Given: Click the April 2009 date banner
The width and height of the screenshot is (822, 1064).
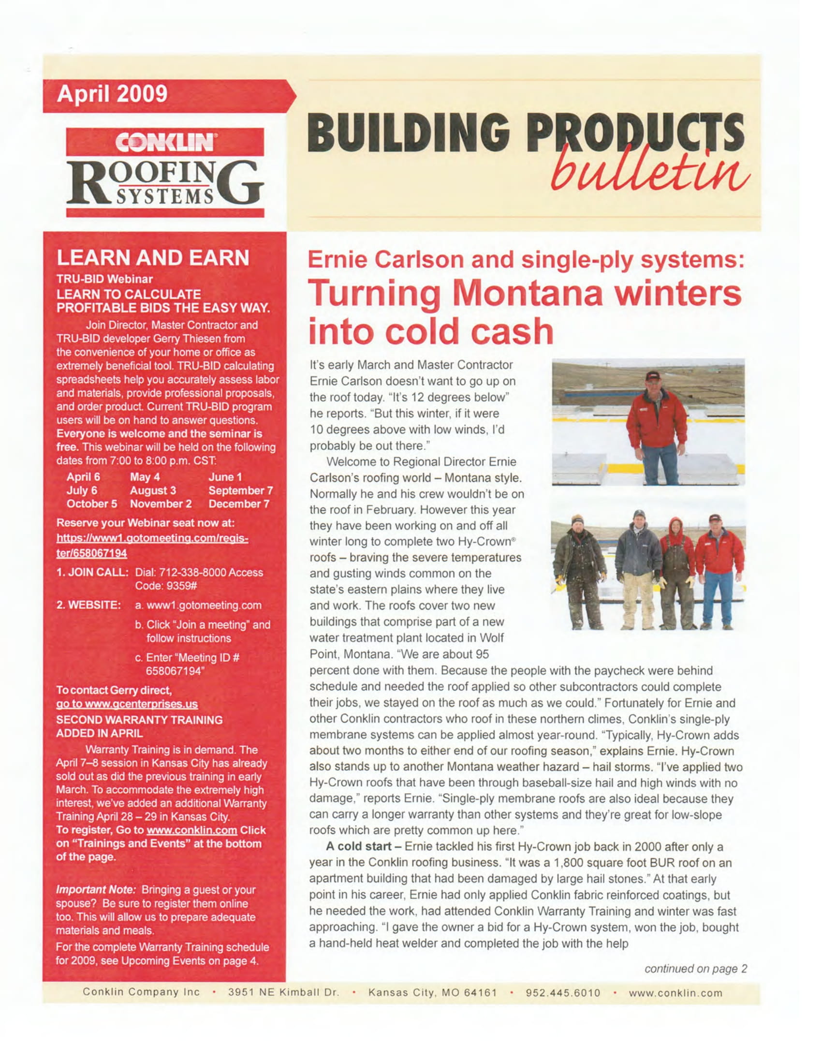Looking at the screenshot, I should click(x=112, y=94).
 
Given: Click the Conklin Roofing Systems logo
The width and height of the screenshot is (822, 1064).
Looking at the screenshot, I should click(x=164, y=172).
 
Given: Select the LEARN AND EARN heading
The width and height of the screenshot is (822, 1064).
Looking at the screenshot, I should click(x=152, y=258).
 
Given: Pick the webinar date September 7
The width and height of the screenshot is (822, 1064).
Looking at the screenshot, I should click(x=241, y=490).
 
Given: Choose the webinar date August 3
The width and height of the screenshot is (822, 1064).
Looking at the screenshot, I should click(x=153, y=490).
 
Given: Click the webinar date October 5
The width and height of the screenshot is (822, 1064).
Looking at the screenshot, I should click(x=91, y=504).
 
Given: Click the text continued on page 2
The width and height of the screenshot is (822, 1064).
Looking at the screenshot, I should click(x=695, y=969).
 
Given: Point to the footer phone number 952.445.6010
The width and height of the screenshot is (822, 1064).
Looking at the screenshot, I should click(x=563, y=993).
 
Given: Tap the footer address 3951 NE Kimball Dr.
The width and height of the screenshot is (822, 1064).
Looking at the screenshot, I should click(x=283, y=993).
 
